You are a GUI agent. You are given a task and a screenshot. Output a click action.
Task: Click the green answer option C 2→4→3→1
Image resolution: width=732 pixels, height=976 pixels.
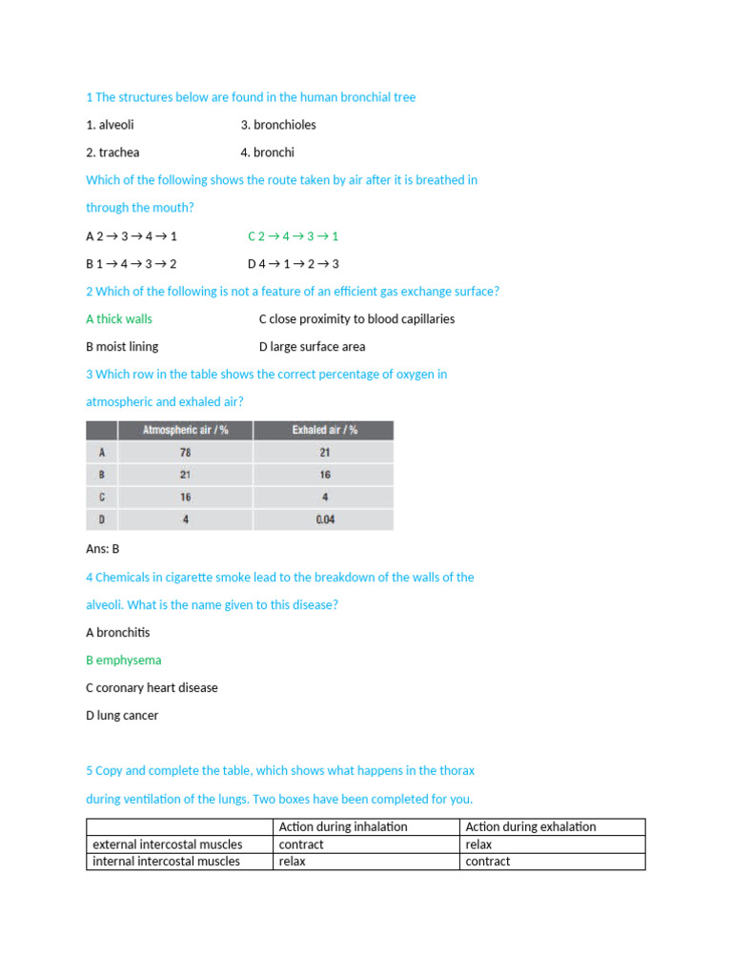click(x=293, y=236)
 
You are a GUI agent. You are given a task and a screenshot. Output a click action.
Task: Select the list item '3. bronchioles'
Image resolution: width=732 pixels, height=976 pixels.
click(x=278, y=125)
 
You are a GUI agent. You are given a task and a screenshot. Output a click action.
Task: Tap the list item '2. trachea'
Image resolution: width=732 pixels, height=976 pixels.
click(x=112, y=152)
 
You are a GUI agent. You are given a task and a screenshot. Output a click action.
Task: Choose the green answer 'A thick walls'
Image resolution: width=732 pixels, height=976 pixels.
click(x=119, y=319)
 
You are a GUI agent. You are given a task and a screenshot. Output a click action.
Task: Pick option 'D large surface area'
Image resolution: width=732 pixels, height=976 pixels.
click(x=312, y=347)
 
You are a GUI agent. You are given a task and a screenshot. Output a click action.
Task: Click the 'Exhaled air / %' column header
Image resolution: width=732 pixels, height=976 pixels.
click(x=324, y=431)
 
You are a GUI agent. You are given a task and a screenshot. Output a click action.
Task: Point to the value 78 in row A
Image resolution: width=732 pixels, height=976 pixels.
click(x=185, y=453)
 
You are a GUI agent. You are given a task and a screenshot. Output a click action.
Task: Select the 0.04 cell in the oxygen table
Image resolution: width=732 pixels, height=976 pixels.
click(x=324, y=520)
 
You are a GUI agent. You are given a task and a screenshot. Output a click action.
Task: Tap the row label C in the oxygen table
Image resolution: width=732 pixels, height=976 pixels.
click(x=101, y=498)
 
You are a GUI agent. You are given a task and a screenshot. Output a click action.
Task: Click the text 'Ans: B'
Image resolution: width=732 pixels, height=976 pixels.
click(x=102, y=549)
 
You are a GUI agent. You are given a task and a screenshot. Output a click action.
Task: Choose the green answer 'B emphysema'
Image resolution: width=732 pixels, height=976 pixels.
click(x=124, y=661)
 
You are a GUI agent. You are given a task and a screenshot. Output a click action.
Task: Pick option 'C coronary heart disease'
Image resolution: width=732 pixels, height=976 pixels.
click(x=152, y=688)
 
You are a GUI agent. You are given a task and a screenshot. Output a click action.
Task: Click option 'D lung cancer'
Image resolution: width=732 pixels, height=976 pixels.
click(x=122, y=716)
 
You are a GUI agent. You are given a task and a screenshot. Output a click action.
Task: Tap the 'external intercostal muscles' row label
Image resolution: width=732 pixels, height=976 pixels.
click(x=168, y=844)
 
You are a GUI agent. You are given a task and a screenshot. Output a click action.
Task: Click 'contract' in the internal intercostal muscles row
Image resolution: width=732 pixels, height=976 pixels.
click(x=488, y=862)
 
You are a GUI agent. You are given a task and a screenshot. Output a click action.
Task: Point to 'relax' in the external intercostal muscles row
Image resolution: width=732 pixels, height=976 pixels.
click(x=478, y=844)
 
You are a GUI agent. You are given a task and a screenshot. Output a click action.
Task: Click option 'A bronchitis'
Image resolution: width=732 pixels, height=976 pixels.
click(x=118, y=633)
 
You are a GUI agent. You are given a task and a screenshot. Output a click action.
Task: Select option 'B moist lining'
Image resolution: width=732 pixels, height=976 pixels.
click(x=122, y=347)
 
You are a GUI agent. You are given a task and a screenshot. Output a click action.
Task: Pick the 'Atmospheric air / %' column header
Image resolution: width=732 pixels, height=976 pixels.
click(x=185, y=431)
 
